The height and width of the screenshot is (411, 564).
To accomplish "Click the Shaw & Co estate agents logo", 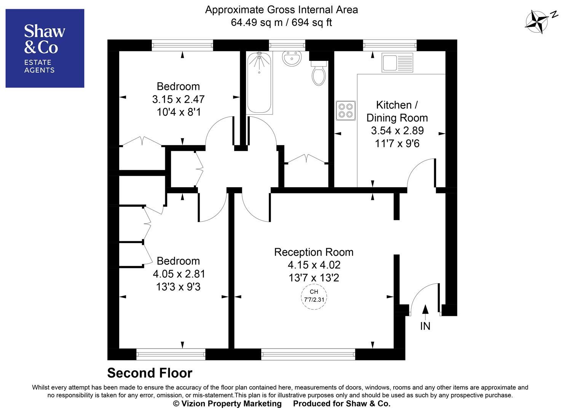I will [x=45, y=48].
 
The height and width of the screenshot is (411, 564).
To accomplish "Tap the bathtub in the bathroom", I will [x=259, y=83].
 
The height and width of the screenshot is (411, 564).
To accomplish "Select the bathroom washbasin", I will [x=292, y=59].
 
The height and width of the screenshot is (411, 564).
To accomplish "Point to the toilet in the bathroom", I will [x=318, y=73].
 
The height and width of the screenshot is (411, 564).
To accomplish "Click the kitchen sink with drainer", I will [x=397, y=62].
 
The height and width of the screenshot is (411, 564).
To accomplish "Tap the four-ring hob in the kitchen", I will [x=346, y=110].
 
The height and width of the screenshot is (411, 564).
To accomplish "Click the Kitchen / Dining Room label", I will [x=397, y=111].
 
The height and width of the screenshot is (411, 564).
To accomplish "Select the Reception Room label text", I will [x=313, y=252].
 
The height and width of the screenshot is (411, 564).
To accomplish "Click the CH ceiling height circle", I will [x=314, y=296].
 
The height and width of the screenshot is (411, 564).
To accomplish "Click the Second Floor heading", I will [x=150, y=373].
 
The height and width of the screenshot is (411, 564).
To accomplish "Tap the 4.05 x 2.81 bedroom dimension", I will [x=179, y=274].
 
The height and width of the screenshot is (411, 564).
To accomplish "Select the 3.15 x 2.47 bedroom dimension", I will [x=178, y=99].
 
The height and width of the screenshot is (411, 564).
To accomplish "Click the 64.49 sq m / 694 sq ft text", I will [x=281, y=22].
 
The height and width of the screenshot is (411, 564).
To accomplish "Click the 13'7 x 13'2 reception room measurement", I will [x=313, y=278].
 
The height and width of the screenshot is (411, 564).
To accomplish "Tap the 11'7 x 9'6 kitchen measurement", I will [x=397, y=143].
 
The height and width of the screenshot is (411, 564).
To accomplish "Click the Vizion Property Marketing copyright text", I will [x=227, y=403].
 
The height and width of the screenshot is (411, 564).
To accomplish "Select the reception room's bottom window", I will [x=308, y=354].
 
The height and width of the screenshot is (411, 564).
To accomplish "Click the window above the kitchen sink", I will [x=390, y=45].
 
